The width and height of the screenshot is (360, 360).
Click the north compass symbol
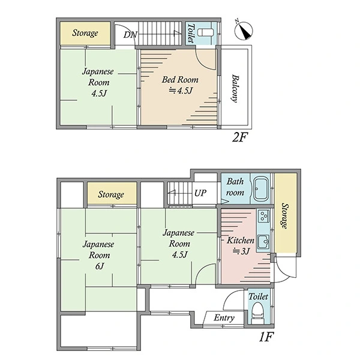244,31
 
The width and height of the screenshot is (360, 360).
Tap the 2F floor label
240,137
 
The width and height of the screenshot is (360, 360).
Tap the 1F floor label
266,337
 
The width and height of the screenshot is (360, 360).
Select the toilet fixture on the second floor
205,32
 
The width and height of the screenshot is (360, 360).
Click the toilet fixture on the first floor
258,313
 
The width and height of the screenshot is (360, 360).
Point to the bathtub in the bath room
261,188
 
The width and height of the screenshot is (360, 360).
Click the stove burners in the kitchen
263,216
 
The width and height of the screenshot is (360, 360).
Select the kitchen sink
263,242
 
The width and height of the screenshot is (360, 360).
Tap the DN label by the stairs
130,35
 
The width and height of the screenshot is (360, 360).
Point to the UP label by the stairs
200,193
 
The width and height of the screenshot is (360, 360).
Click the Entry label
224,318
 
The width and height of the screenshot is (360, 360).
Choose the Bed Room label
180,79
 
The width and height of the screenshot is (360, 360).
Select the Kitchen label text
241,240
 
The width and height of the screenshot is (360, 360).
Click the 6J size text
100,266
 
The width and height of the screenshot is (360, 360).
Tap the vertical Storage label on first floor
284,216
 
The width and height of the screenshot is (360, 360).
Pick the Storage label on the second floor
85,33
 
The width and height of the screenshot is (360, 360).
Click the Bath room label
235,187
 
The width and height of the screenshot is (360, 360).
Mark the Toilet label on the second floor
191,33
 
